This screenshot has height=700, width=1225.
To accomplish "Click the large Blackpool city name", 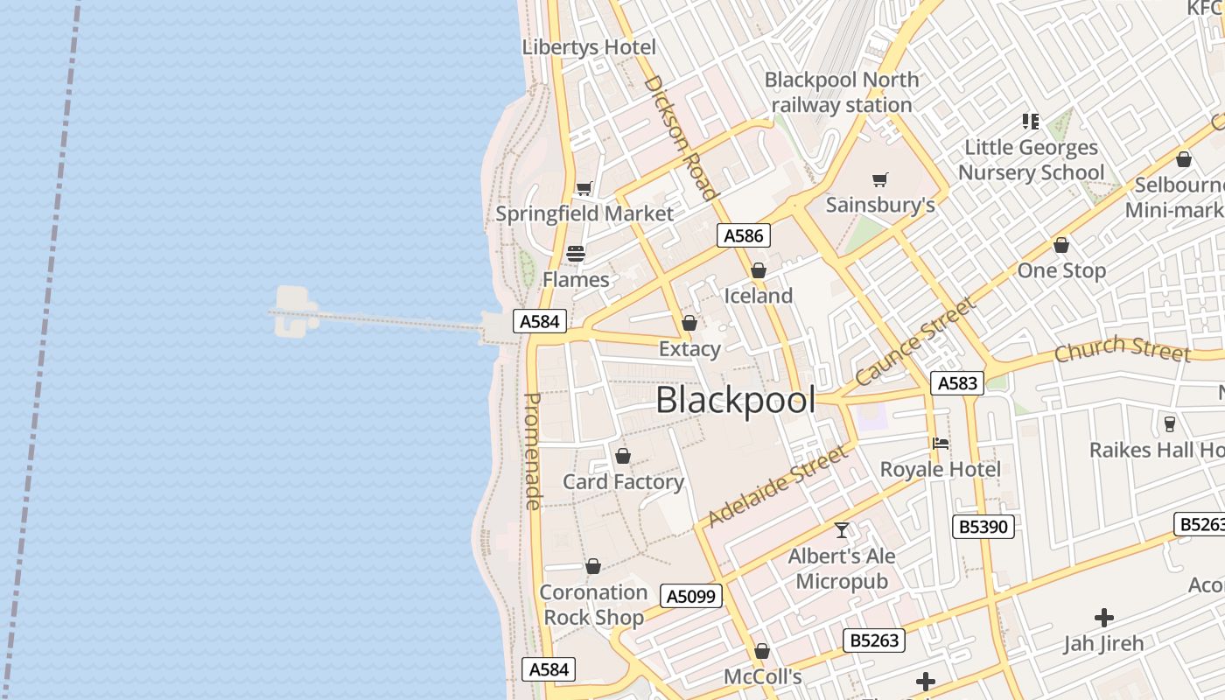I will point(735,401).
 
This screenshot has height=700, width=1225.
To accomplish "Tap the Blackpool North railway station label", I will point(842,92).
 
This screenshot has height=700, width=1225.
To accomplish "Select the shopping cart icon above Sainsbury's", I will point(880,180).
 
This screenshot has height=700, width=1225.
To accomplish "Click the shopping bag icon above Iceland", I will point(759,270).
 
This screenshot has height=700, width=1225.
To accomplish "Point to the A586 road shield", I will point(744,235).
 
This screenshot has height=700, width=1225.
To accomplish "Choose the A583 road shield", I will point(957,383).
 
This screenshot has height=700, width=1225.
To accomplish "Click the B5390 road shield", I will point(983,526).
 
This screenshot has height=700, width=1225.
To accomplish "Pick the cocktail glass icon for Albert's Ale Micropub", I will point(842,530).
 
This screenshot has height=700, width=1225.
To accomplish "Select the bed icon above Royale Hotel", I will point(941,444).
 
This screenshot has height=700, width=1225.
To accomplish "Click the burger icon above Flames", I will point(576,254).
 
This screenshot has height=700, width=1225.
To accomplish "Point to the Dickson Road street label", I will point(681,137).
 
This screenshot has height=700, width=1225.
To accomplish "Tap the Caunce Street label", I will point(915,341).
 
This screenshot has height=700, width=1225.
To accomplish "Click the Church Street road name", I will point(1122,348).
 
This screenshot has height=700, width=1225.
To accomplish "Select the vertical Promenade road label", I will point(533,451).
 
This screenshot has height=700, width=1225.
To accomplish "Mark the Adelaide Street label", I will point(777,485).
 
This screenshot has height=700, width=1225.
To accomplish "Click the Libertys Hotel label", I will point(589,47).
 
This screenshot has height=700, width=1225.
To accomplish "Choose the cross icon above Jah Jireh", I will point(1104,618).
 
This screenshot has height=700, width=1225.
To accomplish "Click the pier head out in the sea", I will point(294,312).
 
